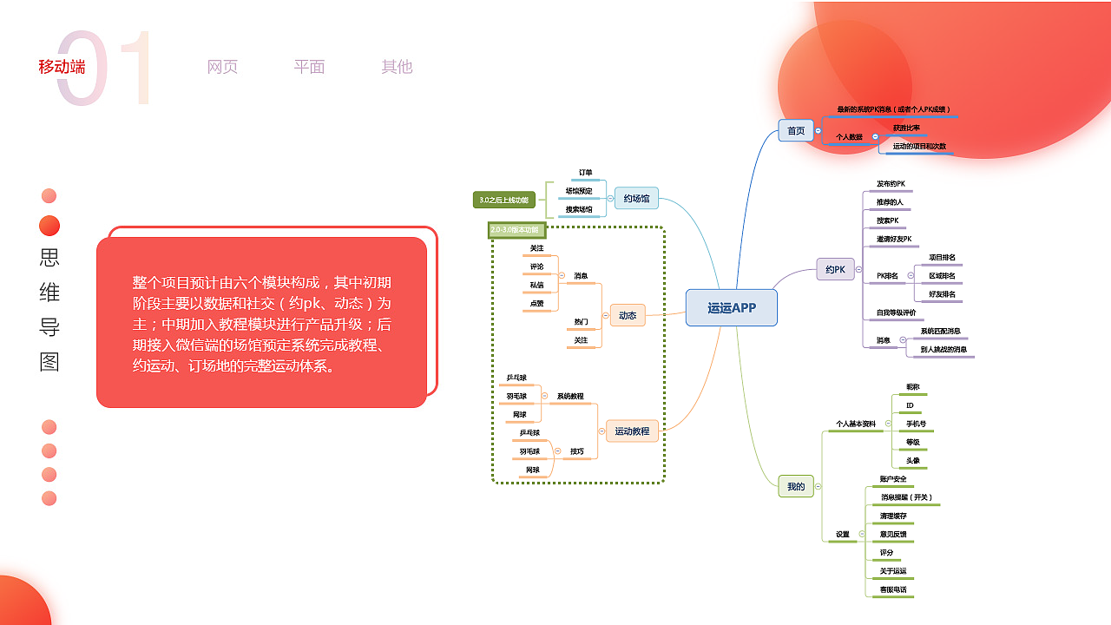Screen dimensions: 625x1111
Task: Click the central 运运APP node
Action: pos(732,307)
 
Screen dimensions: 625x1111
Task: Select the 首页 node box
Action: pos(795,131)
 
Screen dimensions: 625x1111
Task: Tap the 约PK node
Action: pos(835,269)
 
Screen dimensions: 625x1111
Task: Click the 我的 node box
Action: pos(796,487)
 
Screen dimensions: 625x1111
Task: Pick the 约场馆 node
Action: pos(636,199)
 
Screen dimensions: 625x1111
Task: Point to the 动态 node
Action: pos(628,315)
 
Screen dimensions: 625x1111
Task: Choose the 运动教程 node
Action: pos(632,431)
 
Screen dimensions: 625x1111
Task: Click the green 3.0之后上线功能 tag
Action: pos(504,201)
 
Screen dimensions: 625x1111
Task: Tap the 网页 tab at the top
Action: pos(222,67)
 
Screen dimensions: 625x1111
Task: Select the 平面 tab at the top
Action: pos(309,67)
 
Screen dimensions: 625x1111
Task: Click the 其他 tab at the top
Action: pos(397,67)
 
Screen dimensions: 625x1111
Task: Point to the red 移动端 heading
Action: pos(62,67)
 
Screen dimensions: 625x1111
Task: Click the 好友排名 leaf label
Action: pos(942,294)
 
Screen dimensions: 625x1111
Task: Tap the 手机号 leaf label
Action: pos(916,424)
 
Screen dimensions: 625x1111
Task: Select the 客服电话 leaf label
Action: pos(893,589)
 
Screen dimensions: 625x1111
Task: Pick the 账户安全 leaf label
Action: pos(893,479)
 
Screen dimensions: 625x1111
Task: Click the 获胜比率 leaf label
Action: pos(906,128)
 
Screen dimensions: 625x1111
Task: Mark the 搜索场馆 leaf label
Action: pos(579,209)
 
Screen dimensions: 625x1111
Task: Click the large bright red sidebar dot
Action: pos(49,226)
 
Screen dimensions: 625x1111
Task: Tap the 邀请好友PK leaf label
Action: pos(894,239)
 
